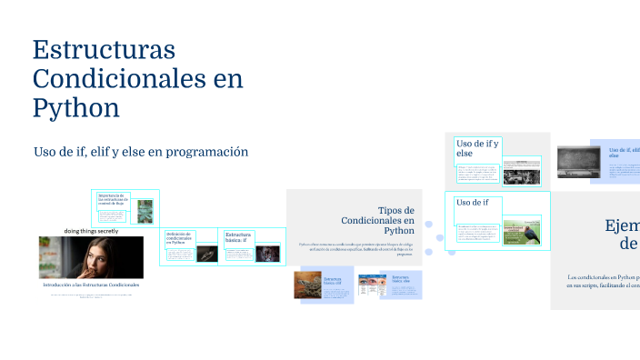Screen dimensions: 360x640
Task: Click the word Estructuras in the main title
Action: pyautogui.click(x=104, y=49)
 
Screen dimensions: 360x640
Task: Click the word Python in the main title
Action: pyautogui.click(x=76, y=107)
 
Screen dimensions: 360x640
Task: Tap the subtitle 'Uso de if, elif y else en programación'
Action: pyautogui.click(x=141, y=152)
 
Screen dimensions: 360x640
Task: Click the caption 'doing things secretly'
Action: pyautogui.click(x=91, y=231)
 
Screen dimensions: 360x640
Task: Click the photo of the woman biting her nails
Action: pyautogui.click(x=91, y=257)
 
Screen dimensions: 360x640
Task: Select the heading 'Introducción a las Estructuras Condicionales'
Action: pyautogui.click(x=91, y=285)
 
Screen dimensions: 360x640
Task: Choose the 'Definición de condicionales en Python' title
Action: pyautogui.click(x=178, y=238)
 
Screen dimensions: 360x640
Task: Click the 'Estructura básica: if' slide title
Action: pyautogui.click(x=238, y=238)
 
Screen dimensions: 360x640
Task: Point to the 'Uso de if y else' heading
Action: pyautogui.click(x=477, y=147)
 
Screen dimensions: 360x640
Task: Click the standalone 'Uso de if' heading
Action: pyautogui.click(x=473, y=202)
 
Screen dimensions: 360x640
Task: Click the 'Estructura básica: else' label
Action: pyautogui.click(x=403, y=279)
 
